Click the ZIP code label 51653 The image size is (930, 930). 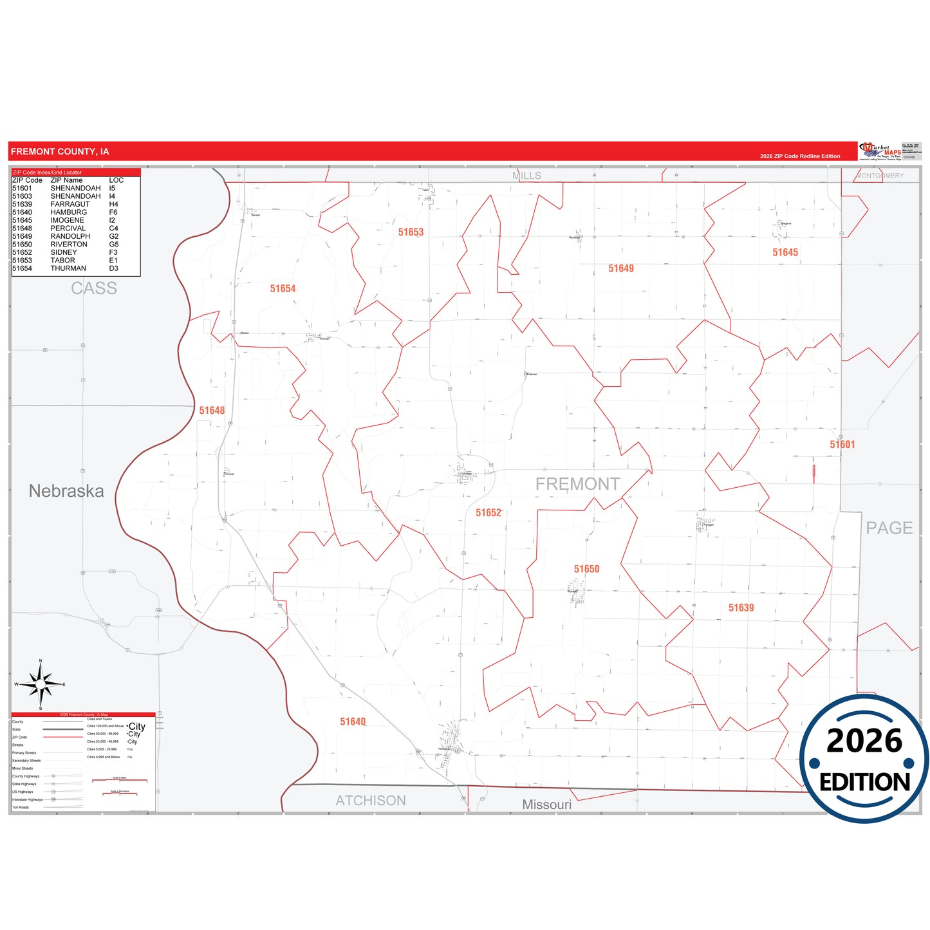pos(411,232)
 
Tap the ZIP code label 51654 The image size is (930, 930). pos(283,289)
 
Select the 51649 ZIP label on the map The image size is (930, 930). pos(621,268)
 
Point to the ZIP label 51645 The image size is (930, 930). pos(785,252)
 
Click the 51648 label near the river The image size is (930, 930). pos(212,411)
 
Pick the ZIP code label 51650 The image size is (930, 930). pos(586,569)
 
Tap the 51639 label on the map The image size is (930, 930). pos(741,608)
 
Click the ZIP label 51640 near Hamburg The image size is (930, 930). pos(353,722)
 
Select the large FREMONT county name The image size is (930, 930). pos(577,484)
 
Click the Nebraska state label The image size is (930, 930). pos(66,491)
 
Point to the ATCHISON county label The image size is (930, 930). pos(371,801)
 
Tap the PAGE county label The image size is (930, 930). pos(889,528)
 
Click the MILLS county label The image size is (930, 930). pos(526,176)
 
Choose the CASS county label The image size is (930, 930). pos(94,288)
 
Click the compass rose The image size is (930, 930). pos(41,685)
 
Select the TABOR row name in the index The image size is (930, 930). pos(62,261)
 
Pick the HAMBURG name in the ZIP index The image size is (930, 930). pos(68,212)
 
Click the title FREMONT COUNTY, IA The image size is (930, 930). pos(60,152)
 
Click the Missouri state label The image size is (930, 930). pos(546,804)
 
